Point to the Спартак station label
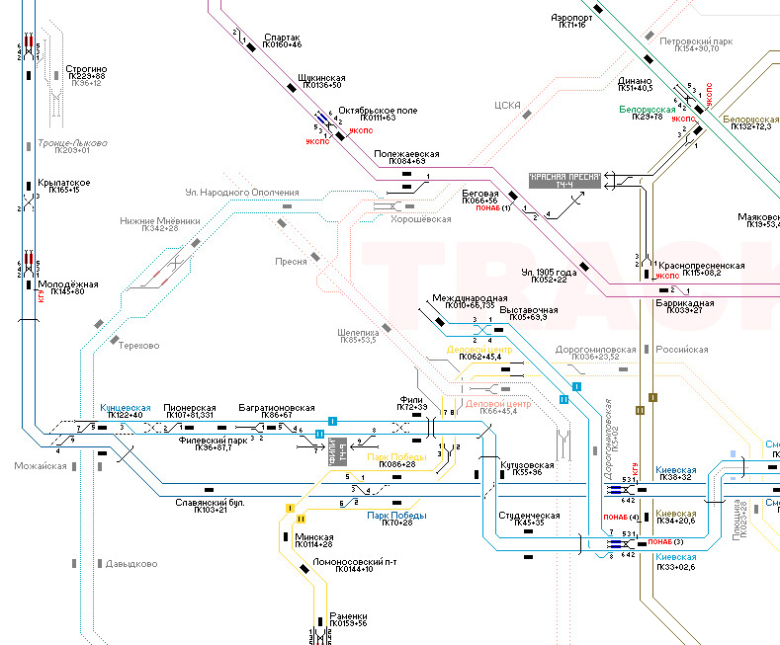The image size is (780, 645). pos(282,39)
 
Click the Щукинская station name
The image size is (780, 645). pos(321,78)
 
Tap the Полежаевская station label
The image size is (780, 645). pos(406,154)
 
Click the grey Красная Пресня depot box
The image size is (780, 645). pos(564,180)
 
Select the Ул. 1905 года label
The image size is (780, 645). pos(548,272)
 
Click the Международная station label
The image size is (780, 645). pos(470,298)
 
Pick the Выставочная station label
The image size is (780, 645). pos(529,310)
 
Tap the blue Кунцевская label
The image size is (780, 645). pos(126,408)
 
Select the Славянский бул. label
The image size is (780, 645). pos(209,503)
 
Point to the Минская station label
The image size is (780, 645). pos(313,537)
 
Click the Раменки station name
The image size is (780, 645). pos(348,615)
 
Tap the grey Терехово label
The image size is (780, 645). pos(138,346)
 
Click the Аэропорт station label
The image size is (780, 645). pos(571,18)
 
